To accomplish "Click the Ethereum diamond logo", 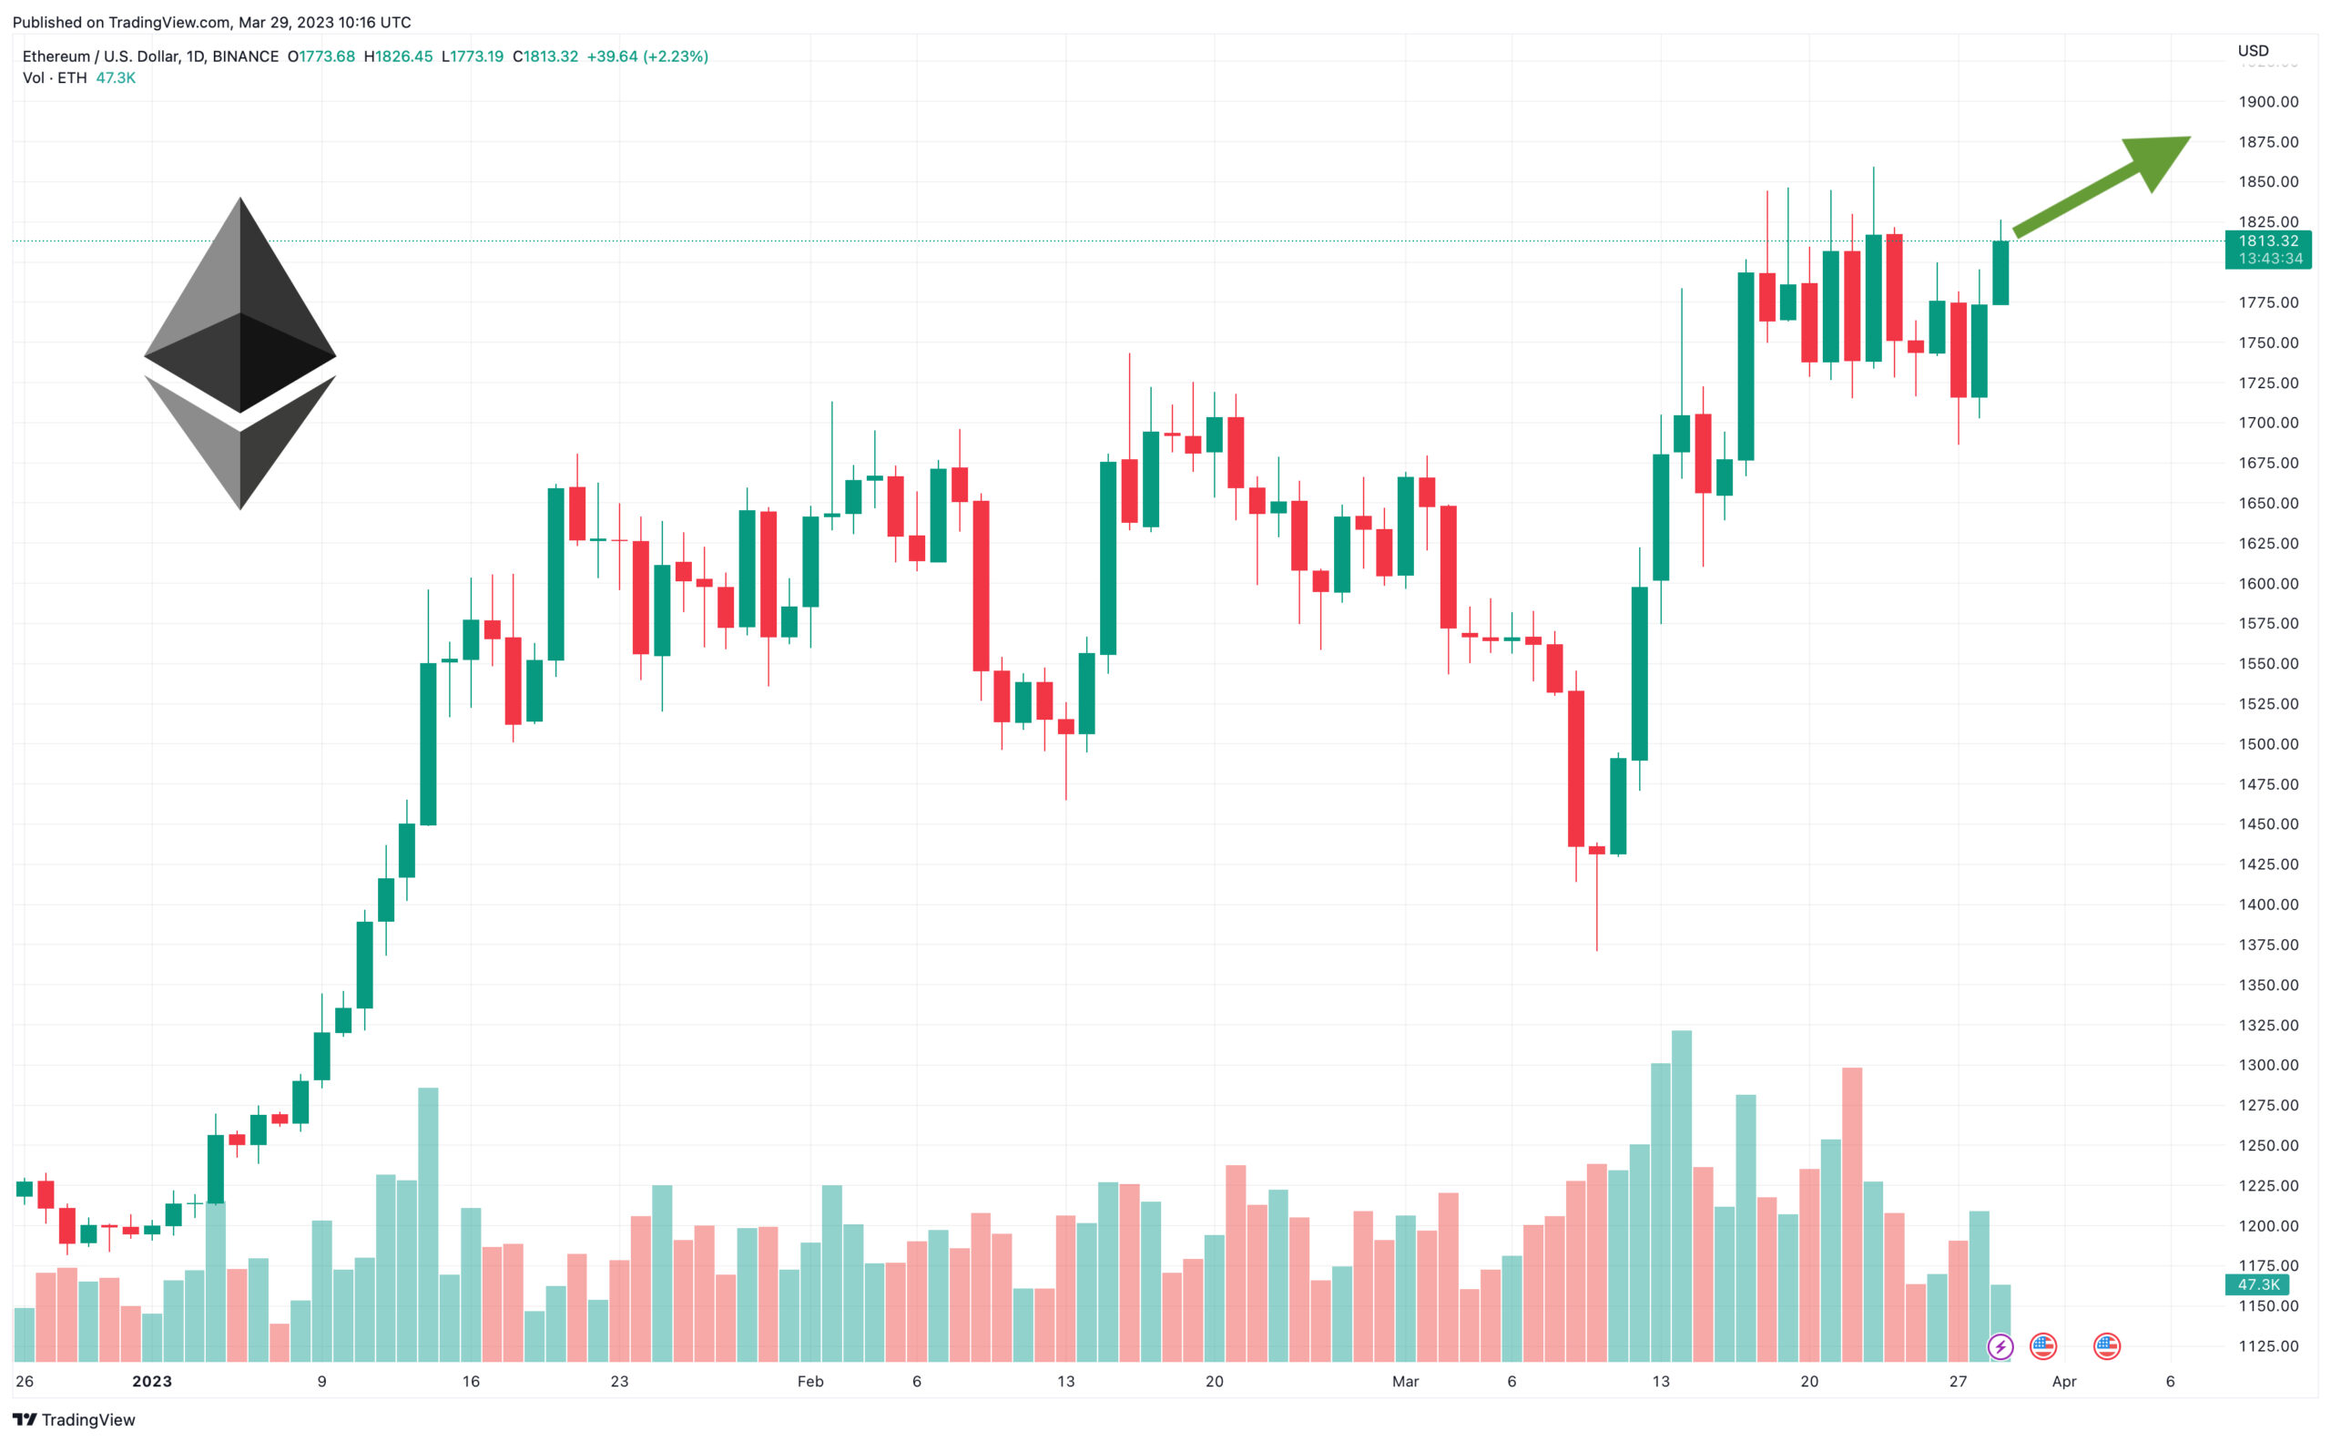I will (239, 353).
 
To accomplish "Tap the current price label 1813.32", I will (2267, 241).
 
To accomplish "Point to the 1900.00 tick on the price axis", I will (2267, 101).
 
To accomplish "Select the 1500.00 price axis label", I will (2267, 744).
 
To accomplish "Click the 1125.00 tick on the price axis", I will (2267, 1345).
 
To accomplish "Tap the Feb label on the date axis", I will (809, 1381).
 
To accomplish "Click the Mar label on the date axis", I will (1404, 1381).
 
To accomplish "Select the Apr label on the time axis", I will (2063, 1381).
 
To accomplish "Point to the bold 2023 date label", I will (151, 1381).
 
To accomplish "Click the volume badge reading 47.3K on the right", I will (2256, 1284).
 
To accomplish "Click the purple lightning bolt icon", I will (2000, 1346).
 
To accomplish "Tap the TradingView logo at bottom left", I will (75, 1419).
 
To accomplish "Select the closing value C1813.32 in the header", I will (545, 56).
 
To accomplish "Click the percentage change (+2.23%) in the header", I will (675, 56).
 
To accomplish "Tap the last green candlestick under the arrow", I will (2000, 272).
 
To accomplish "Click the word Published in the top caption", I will (46, 22).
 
